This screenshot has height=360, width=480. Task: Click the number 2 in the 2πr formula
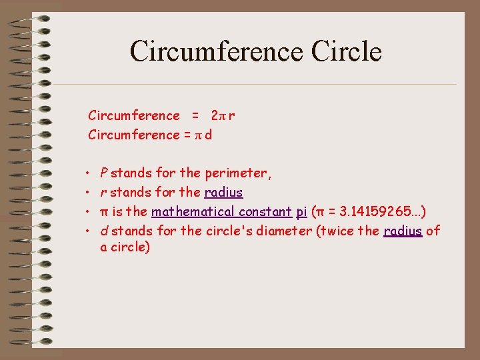click(214, 116)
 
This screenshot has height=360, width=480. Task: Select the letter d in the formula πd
click(209, 135)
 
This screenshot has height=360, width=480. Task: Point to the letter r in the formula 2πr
click(231, 116)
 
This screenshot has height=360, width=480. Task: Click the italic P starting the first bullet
click(104, 173)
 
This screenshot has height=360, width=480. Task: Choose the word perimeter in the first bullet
click(235, 173)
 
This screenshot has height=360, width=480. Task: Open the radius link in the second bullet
click(223, 193)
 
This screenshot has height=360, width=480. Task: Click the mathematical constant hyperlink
click(221, 212)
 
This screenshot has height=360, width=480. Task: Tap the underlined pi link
click(301, 212)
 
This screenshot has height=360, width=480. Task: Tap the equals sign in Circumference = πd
click(187, 135)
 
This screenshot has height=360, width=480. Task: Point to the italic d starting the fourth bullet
click(104, 231)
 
